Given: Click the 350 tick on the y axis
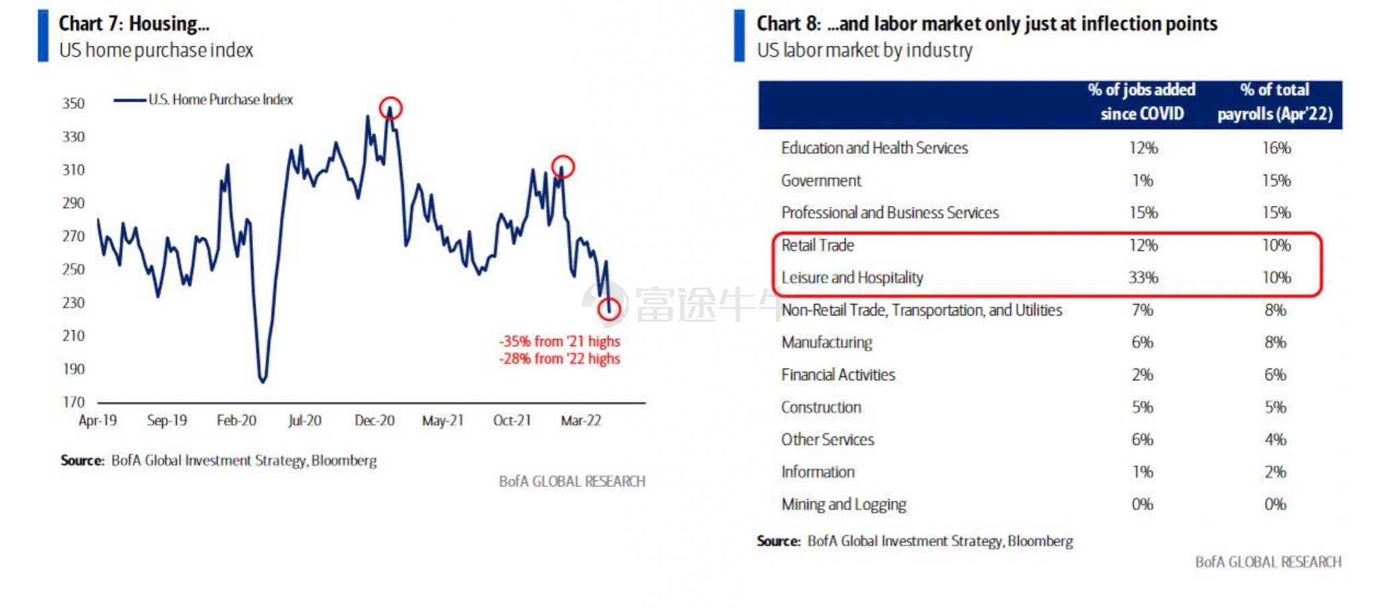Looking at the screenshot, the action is coord(73,104).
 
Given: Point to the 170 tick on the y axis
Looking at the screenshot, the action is coord(73,402).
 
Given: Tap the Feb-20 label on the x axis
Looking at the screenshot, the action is coord(236,421).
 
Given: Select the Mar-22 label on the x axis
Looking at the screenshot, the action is coord(581,421).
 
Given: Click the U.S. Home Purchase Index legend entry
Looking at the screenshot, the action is coord(203,100).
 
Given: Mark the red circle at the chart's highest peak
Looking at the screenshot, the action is coord(390,98).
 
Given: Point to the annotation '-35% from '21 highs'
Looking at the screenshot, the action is coord(559,341).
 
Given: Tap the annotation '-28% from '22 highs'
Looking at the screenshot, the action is coord(559,359).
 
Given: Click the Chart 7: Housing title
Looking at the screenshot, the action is coord(134,24).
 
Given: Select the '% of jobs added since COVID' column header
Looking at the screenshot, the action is coord(1142,102).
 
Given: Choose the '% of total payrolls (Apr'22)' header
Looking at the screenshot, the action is coord(1274,102).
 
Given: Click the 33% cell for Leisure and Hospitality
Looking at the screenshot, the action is coord(1143,277).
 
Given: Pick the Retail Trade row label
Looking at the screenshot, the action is coord(818,245).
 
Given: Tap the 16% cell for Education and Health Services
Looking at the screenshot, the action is coord(1276,148).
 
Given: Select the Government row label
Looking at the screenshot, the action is coord(821,180).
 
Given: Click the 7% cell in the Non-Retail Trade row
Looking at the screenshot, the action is coord(1143,310).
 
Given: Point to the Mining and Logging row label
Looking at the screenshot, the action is coord(844,505).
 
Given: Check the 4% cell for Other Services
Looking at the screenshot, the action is coord(1275,439).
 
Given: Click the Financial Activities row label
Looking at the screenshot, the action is coord(838,375).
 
